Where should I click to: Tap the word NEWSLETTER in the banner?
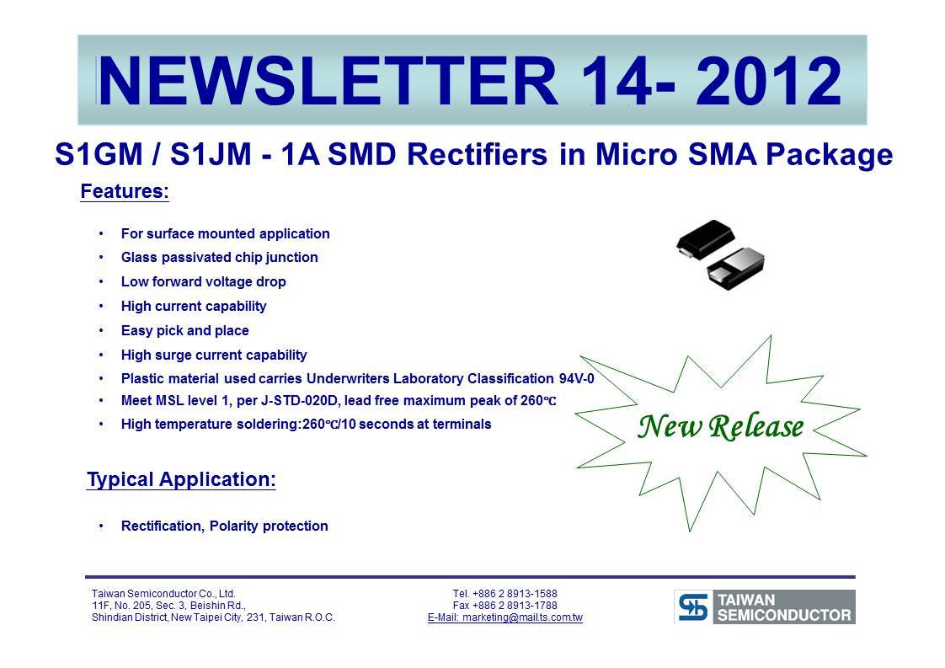click(x=328, y=81)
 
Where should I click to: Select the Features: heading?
click(x=125, y=191)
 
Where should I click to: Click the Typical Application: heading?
click(x=181, y=479)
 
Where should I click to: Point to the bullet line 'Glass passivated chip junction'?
click(x=219, y=258)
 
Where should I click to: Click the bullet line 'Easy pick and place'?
click(x=185, y=330)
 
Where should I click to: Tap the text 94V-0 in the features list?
click(x=577, y=378)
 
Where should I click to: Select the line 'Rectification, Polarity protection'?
click(x=225, y=526)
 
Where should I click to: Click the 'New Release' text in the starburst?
click(x=721, y=427)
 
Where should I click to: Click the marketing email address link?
click(x=505, y=617)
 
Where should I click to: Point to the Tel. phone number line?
click(x=505, y=593)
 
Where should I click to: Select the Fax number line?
click(x=505, y=606)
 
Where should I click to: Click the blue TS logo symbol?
click(x=693, y=607)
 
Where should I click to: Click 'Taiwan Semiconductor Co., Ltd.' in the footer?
click(x=163, y=593)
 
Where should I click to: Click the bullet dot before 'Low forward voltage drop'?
click(x=101, y=282)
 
